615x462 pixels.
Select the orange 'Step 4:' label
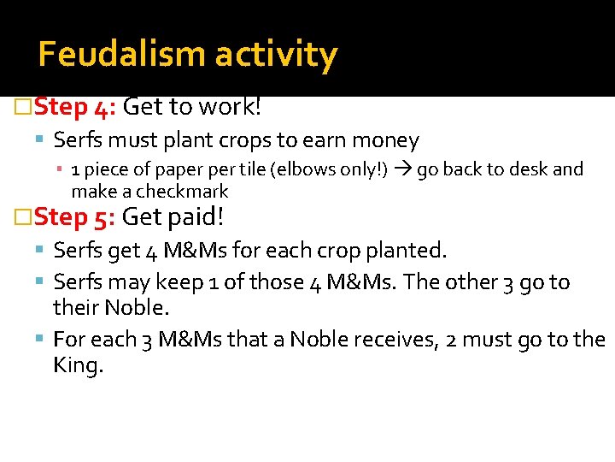[74, 108]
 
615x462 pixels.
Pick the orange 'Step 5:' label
[74, 217]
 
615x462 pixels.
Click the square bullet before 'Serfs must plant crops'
[43, 141]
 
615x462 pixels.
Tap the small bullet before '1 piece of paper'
[62, 170]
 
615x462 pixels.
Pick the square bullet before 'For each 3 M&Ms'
[43, 340]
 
